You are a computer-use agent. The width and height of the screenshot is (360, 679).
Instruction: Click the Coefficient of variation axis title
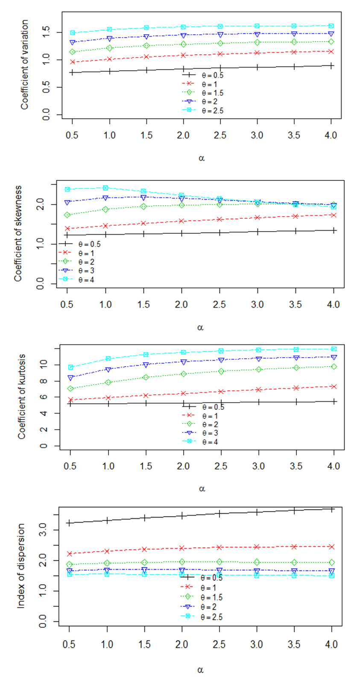(x=25, y=65)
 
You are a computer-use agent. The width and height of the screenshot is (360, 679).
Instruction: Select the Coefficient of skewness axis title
(x=18, y=233)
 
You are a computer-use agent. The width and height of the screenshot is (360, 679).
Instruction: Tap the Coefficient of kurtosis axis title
(x=22, y=396)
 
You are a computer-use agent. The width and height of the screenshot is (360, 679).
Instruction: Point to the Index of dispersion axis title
(x=21, y=566)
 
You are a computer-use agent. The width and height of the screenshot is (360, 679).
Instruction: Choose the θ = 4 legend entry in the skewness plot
(x=86, y=280)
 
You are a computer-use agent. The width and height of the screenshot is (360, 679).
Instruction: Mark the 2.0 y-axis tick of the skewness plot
(x=41, y=205)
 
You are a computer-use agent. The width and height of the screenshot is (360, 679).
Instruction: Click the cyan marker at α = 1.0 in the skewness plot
(x=105, y=188)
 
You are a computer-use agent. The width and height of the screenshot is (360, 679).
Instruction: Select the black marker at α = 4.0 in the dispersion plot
(x=332, y=509)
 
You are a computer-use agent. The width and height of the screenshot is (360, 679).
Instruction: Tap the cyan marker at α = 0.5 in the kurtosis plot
(x=71, y=367)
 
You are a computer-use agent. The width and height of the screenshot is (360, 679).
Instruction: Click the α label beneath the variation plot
(x=202, y=158)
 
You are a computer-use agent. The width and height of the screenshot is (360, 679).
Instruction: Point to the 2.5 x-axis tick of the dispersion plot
(x=219, y=644)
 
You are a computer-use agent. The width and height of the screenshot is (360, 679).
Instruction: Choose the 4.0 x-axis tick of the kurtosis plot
(x=334, y=466)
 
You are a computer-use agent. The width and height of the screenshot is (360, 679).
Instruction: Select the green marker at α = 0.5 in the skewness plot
(x=67, y=215)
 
